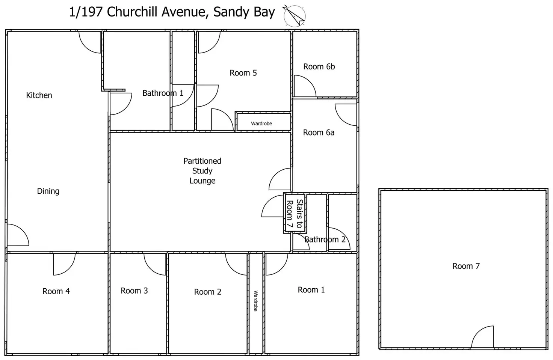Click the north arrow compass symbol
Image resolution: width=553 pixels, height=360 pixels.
coord(294,16)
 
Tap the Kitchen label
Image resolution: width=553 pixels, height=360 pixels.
coord(39,95)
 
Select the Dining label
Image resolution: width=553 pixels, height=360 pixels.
coord(48,191)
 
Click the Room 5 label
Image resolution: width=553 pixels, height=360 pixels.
coord(243,73)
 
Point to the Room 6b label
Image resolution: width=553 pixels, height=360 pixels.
coord(319,66)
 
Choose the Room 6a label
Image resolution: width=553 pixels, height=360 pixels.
coord(319,133)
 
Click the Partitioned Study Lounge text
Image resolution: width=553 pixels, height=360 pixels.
coord(202,171)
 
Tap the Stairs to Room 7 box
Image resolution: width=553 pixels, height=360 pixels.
coord(295,214)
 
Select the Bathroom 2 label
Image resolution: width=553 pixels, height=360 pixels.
coord(325,239)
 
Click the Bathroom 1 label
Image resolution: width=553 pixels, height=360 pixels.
coord(163,93)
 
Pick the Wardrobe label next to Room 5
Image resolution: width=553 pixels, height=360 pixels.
coord(261,124)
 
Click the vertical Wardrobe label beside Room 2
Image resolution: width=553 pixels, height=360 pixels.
coord(255,301)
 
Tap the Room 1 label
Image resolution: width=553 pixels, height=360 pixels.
coord(311,290)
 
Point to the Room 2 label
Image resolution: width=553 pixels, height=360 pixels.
coord(207,292)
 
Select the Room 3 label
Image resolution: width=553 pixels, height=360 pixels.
coord(134,291)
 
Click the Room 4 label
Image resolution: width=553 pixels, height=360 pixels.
coord(56,291)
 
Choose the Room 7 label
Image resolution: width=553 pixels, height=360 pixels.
coord(466,266)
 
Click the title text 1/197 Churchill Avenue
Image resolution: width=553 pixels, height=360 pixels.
coord(137,12)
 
